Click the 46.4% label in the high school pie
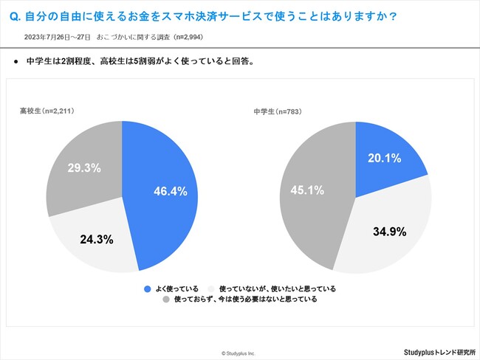tap(171, 192)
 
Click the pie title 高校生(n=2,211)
tap(47, 111)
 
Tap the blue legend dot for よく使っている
tap(148, 288)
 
